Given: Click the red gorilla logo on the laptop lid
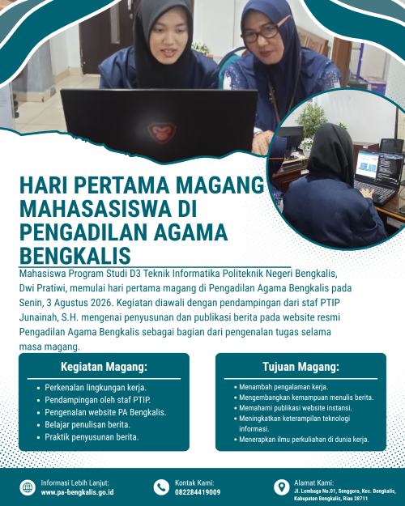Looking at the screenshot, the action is [162, 132].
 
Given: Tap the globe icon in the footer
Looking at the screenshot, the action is [28, 487].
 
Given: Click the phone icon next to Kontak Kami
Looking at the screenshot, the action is [161, 487].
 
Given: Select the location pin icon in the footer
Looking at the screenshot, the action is [282, 487].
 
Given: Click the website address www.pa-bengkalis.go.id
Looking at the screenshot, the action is [77, 492].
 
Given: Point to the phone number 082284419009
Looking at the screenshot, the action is [198, 492].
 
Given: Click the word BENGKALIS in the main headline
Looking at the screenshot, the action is [75, 256].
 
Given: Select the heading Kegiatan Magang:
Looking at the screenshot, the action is [104, 367].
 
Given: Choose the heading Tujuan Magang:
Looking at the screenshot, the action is [301, 367].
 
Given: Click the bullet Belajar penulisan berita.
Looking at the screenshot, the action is [87, 425].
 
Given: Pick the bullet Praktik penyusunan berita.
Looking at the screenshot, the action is [92, 437].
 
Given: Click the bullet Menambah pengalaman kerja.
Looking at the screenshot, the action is [283, 387].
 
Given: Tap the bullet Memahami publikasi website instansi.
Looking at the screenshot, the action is [296, 408].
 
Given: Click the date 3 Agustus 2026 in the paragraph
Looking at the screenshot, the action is [79, 303].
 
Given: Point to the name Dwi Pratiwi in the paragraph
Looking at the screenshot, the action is [43, 288].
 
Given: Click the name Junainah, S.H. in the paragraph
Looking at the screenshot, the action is [49, 317].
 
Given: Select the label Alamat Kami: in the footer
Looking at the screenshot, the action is [313, 483].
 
